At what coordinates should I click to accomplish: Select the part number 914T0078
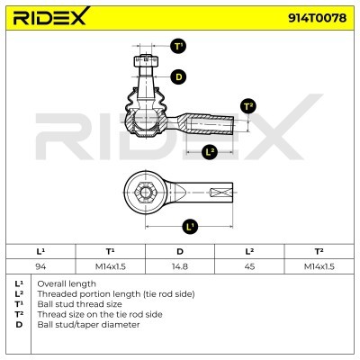317,18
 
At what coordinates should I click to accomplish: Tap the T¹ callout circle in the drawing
178,47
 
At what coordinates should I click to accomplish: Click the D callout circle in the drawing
178,77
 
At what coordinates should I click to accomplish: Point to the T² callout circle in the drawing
248,106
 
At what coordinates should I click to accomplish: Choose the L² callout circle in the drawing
210,152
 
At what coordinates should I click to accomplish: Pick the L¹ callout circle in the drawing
190,226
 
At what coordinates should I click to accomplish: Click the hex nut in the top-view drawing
145,193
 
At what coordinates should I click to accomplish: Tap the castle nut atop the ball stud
146,61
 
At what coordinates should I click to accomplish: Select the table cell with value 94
40,266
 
